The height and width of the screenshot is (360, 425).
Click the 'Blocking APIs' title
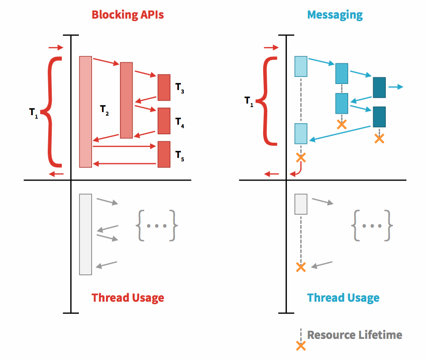pyautogui.click(x=128, y=15)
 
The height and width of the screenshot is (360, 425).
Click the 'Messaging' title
pyautogui.click(x=335, y=15)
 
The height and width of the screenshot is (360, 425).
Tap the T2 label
pyautogui.click(x=104, y=110)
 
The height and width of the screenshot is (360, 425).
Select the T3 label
pyautogui.click(x=180, y=88)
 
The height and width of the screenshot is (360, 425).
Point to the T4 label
pyautogui.click(x=180, y=123)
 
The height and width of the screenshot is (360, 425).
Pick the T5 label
pyautogui.click(x=180, y=156)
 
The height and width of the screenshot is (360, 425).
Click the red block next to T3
pyautogui.click(x=164, y=87)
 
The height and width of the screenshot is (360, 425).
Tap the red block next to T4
pyautogui.click(x=164, y=121)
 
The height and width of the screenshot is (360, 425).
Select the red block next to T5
pyautogui.click(x=164, y=154)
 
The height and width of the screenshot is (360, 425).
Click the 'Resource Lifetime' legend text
pyautogui.click(x=355, y=335)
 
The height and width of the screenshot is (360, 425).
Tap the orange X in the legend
pyautogui.click(x=301, y=346)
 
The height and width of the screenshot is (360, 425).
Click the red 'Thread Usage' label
pyautogui.click(x=128, y=298)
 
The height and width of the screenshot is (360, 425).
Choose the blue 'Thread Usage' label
pyautogui.click(x=343, y=298)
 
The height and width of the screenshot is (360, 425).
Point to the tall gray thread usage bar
pyautogui.click(x=85, y=234)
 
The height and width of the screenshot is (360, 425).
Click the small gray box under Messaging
pyautogui.click(x=301, y=204)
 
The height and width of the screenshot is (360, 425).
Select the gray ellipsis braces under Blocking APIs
pyautogui.click(x=157, y=225)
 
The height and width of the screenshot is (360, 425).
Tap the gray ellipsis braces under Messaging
pyautogui.click(x=372, y=225)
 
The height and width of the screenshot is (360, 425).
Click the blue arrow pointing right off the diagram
pyautogui.click(x=396, y=87)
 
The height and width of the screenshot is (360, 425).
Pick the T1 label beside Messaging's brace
pyautogui.click(x=249, y=101)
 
